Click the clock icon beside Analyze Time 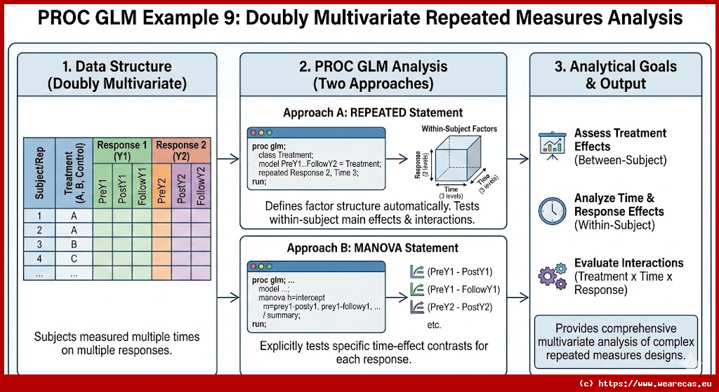[x=553, y=210]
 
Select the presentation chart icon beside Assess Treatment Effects [x=553, y=144]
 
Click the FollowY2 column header [x=201, y=185]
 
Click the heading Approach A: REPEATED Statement [x=373, y=112]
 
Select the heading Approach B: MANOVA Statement [x=373, y=248]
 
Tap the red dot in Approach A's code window [x=253, y=133]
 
